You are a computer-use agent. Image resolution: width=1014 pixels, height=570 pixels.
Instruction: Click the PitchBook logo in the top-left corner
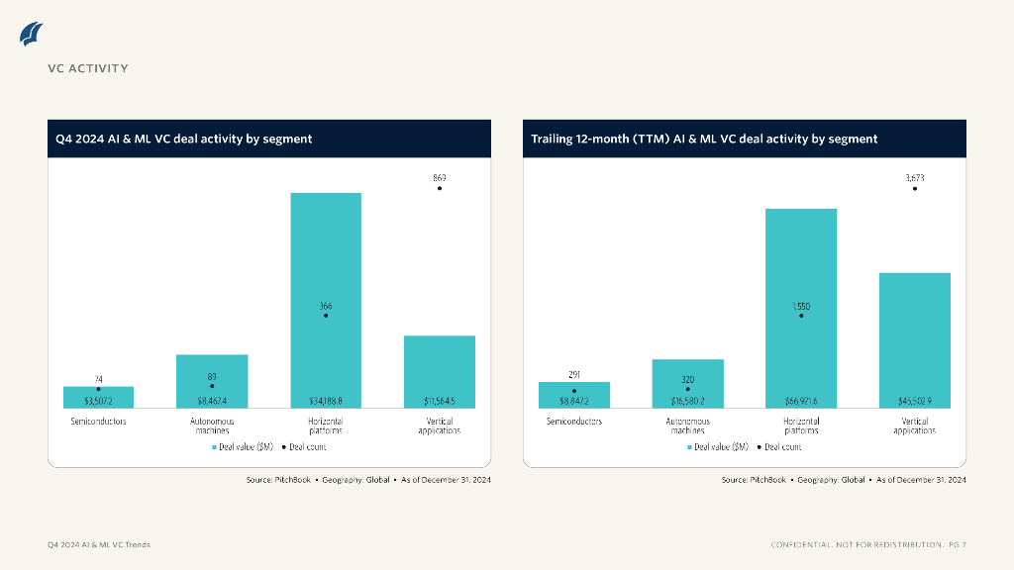point(31,34)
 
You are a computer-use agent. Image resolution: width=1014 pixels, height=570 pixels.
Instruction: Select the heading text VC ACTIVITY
point(88,68)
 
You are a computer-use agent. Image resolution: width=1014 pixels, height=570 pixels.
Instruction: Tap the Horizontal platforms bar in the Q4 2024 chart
point(326,257)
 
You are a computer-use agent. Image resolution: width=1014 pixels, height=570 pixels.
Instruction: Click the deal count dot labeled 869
point(440,188)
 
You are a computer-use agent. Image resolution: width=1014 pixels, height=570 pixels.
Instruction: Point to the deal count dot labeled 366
point(326,316)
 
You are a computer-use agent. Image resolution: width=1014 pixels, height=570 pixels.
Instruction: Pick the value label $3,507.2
point(98,401)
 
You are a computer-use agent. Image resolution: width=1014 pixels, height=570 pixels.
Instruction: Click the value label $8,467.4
point(212,401)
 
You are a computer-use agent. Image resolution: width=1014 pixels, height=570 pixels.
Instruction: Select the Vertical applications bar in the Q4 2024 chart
point(440,366)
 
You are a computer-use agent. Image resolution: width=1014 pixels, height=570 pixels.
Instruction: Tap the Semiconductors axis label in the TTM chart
point(574,422)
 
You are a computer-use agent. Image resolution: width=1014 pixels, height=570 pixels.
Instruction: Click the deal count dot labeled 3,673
point(914,188)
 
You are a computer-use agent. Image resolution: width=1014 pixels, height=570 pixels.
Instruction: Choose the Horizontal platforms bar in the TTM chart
point(801,267)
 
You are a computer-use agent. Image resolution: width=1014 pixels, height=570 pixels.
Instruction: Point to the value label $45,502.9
point(914,401)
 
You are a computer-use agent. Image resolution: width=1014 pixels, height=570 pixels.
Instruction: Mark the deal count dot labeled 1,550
point(801,316)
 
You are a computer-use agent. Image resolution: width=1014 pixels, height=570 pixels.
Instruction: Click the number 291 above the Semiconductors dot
point(574,375)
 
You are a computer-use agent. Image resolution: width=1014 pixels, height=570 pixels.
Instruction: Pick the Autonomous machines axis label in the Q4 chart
point(212,426)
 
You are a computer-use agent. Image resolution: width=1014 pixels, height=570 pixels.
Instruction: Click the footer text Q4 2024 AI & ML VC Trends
point(99,545)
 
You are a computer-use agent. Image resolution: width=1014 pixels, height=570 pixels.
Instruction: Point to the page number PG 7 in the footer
point(957,545)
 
